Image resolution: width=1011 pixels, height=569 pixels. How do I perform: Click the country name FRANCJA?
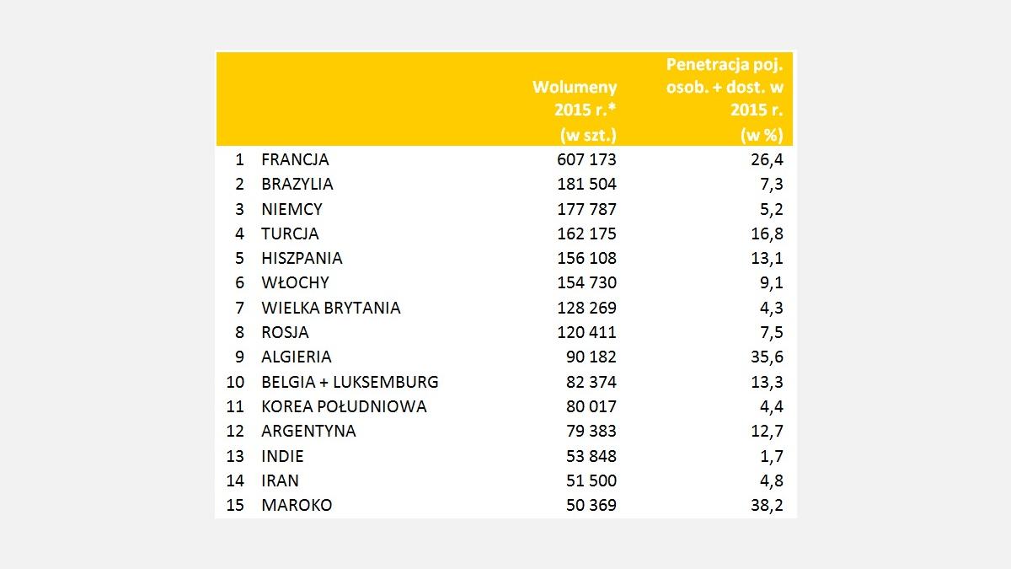[x=295, y=159]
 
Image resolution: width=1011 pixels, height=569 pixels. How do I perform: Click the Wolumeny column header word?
[x=575, y=87]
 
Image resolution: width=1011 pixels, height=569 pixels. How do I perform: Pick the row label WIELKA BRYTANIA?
[x=331, y=308]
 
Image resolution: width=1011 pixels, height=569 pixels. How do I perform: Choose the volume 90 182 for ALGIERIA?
[x=591, y=357]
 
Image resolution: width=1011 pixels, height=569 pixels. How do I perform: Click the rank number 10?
[x=235, y=382]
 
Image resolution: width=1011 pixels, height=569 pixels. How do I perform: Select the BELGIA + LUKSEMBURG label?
[x=350, y=382]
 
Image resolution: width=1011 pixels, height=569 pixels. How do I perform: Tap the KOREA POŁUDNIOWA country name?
[x=344, y=406]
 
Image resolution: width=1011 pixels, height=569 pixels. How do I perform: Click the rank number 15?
[x=235, y=505]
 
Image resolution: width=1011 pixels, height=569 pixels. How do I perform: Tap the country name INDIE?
[x=282, y=456]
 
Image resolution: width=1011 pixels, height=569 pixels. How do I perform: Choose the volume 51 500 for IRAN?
[x=591, y=480]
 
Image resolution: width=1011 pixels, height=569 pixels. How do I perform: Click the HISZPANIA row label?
[x=302, y=258]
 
